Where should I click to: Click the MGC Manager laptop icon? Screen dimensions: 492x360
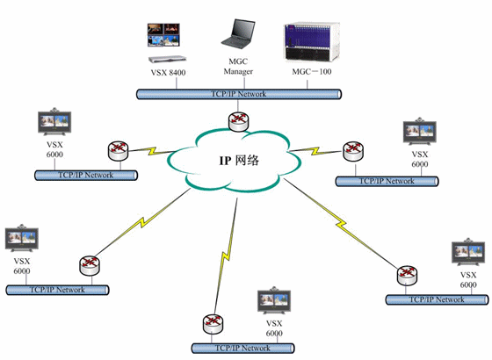[x=237, y=34]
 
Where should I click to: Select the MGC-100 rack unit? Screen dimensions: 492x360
[x=312, y=42]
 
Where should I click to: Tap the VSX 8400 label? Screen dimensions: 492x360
[x=168, y=72]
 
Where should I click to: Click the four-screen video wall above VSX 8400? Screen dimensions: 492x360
[x=163, y=35]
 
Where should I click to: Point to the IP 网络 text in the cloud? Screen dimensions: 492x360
[x=239, y=160]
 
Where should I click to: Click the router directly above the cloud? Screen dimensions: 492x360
[x=238, y=121]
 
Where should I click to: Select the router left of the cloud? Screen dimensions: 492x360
[x=119, y=151]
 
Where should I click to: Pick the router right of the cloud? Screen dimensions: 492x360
[x=353, y=151]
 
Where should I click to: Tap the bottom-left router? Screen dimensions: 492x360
[x=90, y=265]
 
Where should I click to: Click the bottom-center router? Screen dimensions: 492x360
[x=213, y=324]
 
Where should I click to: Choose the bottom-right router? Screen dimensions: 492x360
[x=407, y=276]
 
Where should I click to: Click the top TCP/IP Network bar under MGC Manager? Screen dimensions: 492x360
[x=239, y=94]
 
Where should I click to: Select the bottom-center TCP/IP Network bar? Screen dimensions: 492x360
[x=243, y=348]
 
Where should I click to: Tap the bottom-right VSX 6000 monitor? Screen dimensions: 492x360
[x=468, y=252]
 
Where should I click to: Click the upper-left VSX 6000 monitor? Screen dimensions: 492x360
[x=54, y=122]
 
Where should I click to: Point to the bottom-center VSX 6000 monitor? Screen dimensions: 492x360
[x=274, y=300]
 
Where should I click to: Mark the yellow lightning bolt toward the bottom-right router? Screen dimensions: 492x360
[x=341, y=223]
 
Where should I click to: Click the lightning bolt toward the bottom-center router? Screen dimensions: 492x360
[x=226, y=256]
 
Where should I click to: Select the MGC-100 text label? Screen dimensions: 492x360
[x=312, y=71]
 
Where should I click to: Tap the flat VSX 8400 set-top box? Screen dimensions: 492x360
[x=167, y=59]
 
